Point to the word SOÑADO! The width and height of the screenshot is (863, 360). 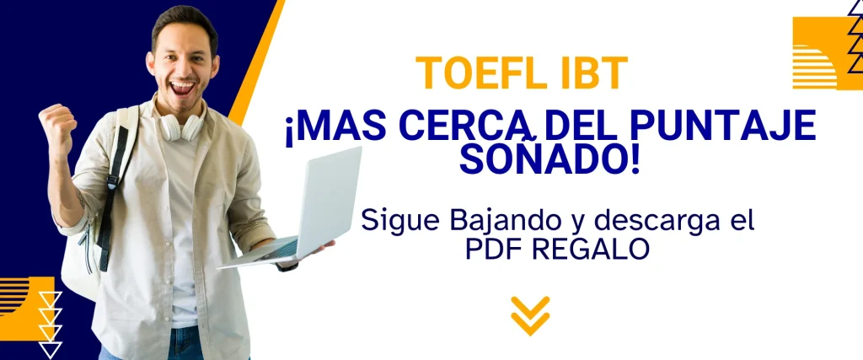click(549, 159)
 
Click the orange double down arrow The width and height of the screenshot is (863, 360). click(530, 315)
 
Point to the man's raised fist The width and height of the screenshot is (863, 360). click(56, 125)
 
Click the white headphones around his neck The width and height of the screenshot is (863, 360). click(182, 126)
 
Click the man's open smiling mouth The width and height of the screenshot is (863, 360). click(182, 88)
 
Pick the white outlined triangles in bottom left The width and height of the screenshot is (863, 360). click(50, 325)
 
